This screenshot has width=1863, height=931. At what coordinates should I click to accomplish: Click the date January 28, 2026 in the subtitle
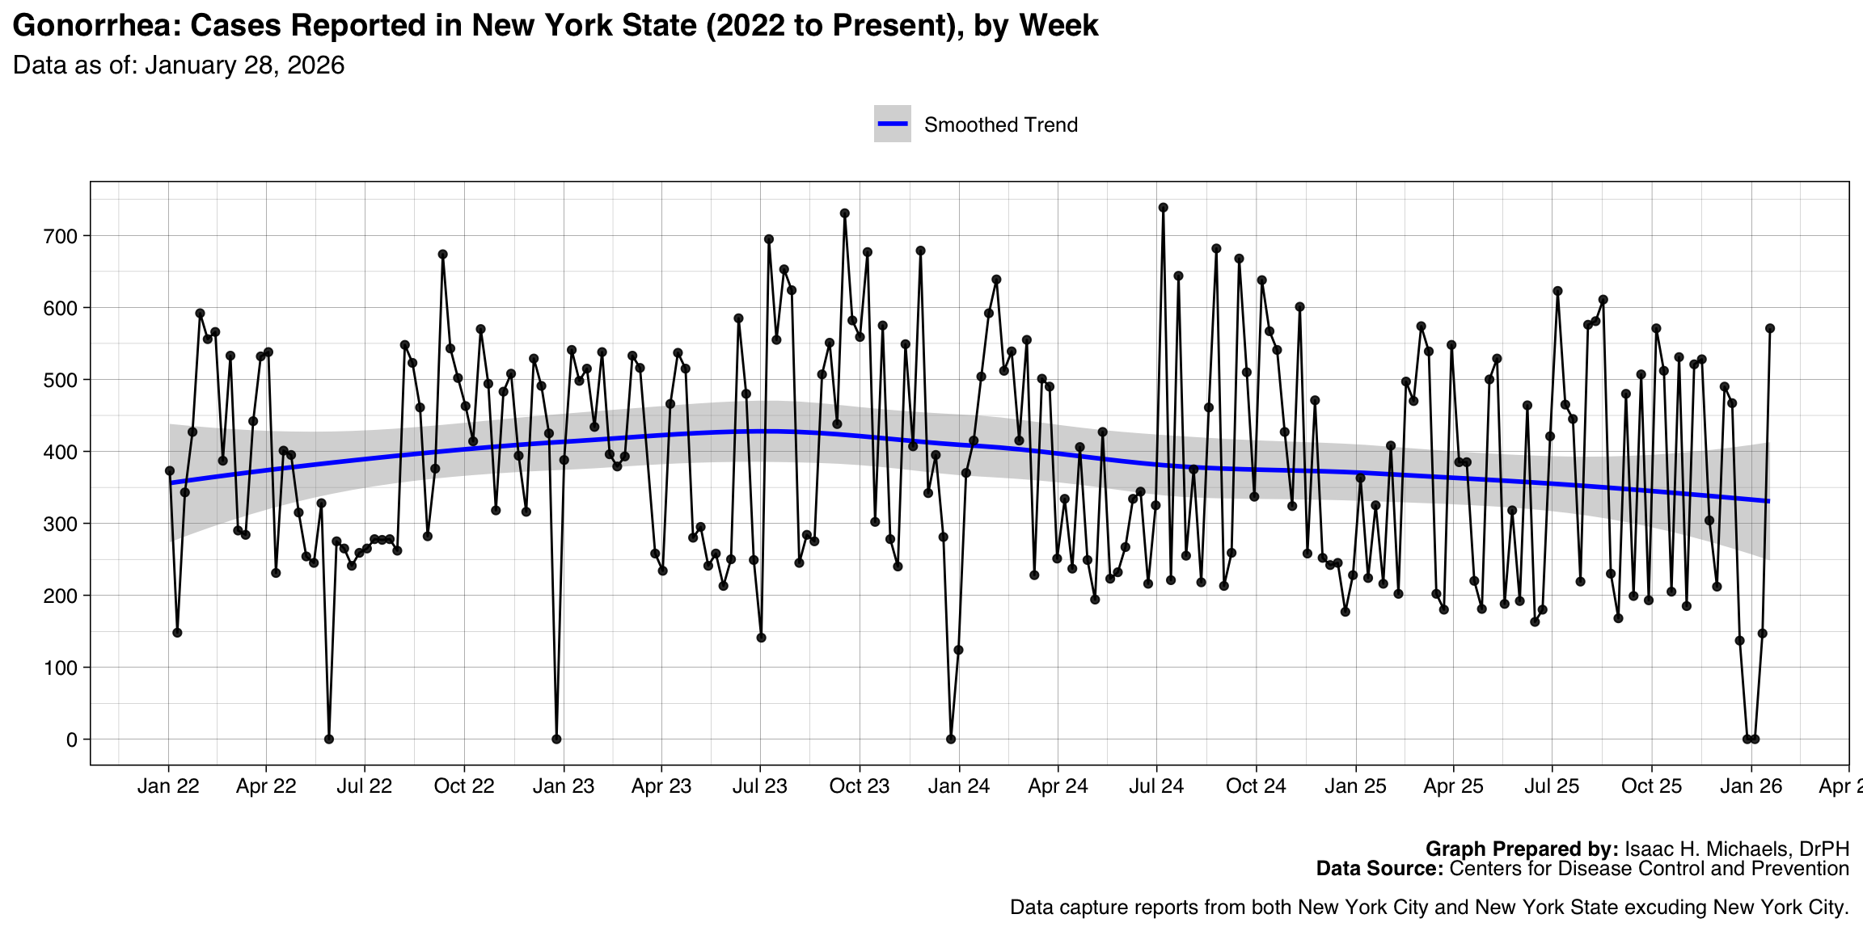point(244,65)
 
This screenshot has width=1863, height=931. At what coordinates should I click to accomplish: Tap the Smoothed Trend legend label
point(1000,125)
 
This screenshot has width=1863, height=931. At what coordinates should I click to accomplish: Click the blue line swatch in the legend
point(893,124)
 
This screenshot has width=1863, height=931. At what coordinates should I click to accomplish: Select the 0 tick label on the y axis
point(72,739)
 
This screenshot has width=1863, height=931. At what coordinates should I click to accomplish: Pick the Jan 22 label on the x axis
point(168,786)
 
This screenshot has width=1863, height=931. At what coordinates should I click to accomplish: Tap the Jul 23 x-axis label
point(759,786)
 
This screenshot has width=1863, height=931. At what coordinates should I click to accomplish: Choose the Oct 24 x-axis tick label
point(1256,786)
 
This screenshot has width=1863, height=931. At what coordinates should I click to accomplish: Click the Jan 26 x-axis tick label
point(1751,786)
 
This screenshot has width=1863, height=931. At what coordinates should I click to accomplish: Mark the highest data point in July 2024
point(1163,208)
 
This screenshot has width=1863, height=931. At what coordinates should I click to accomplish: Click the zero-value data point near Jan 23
point(556,739)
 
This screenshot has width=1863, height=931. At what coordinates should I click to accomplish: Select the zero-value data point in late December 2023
point(951,739)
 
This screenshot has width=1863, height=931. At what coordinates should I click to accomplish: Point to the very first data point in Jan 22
point(170,471)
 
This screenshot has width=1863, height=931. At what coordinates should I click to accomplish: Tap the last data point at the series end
point(1770,328)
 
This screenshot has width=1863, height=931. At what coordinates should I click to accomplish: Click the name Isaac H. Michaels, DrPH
point(1737,849)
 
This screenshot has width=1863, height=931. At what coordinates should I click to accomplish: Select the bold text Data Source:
point(1379,869)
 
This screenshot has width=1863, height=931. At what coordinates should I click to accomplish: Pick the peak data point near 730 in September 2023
point(845,213)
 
